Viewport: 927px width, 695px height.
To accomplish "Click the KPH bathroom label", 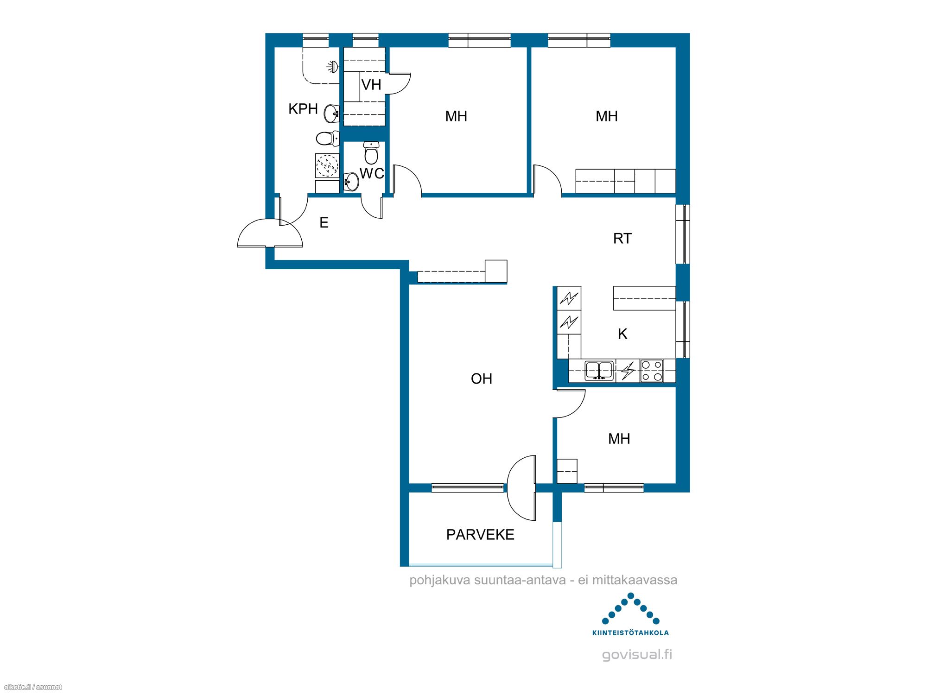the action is [303, 109].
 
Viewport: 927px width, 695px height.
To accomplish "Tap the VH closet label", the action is [371, 85].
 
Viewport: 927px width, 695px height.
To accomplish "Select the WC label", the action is [372, 173].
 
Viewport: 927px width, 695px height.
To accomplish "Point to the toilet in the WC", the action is [371, 152].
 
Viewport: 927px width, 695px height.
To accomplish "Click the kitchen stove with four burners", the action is [652, 371].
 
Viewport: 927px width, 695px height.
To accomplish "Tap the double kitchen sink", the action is [599, 371].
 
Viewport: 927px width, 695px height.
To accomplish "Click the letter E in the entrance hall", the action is [324, 223].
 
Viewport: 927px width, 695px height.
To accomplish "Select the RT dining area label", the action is [622, 239].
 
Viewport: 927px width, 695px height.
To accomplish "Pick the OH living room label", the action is [482, 379].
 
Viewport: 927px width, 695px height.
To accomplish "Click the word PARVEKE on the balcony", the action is [480, 535].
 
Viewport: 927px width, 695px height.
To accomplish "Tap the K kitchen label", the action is [622, 334].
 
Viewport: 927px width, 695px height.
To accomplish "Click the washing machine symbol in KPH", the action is [327, 165].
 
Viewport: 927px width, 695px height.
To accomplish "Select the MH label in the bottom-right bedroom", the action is [619, 439].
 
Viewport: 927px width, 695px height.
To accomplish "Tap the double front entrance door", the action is [270, 233].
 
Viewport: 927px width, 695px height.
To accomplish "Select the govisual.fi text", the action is [637, 655].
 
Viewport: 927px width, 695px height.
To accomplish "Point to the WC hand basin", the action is [351, 182].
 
